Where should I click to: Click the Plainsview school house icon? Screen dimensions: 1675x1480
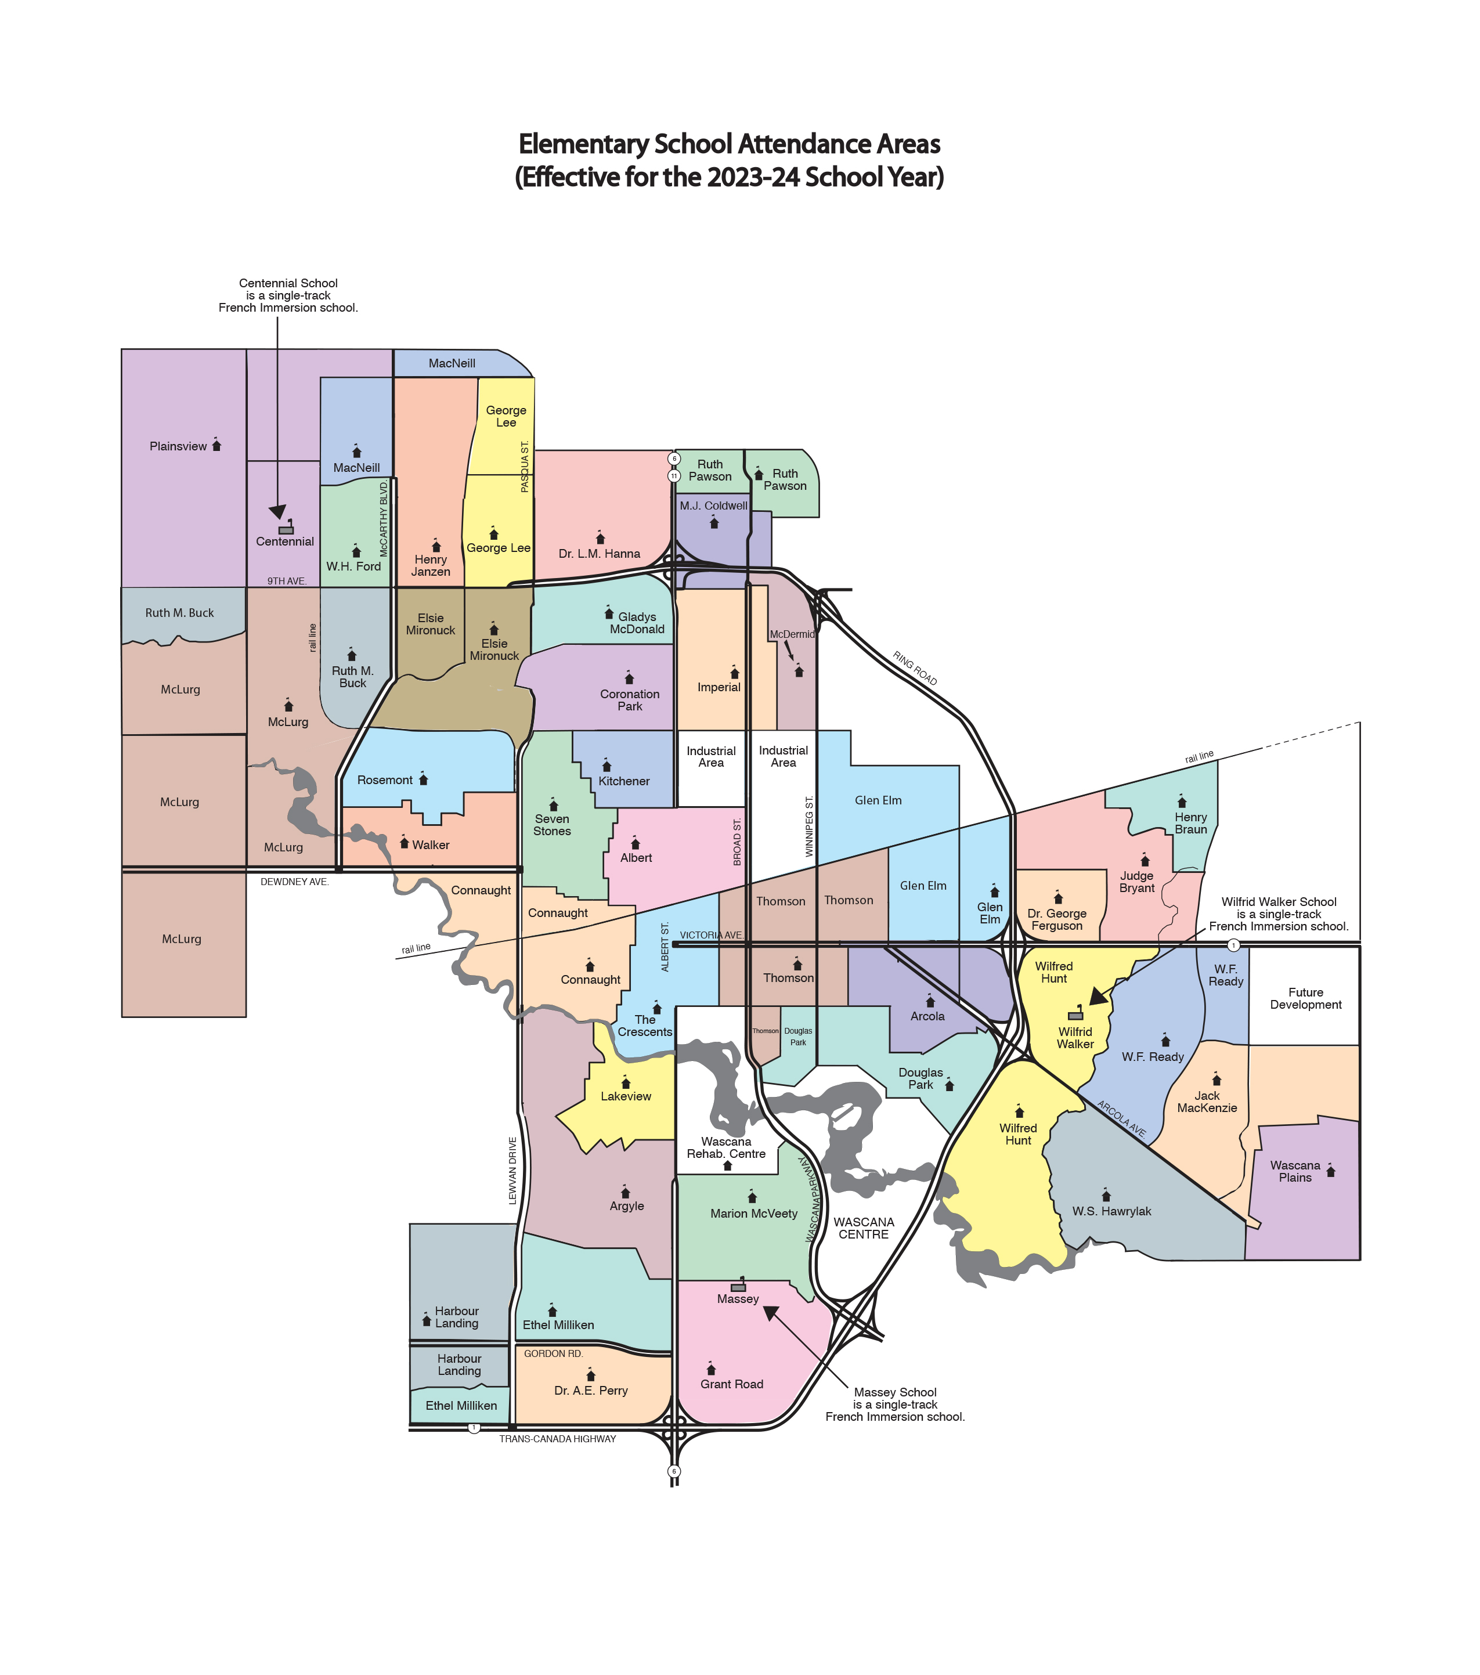[216, 445]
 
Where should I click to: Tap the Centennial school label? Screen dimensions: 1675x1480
[284, 542]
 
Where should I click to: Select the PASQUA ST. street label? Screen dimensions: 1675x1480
[525, 467]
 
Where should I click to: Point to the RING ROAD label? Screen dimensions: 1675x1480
[915, 669]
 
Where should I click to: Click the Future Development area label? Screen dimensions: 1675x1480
[1305, 998]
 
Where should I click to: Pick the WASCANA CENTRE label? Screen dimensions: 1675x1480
[864, 1228]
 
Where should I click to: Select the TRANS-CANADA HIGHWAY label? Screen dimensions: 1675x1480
[557, 1439]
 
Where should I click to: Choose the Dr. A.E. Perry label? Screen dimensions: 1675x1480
[591, 1391]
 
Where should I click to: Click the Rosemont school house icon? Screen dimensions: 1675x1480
[424, 778]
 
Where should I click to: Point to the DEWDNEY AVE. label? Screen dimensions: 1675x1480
[294, 882]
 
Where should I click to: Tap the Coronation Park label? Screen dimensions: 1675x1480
[629, 700]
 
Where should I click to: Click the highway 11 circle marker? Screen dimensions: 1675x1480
[674, 475]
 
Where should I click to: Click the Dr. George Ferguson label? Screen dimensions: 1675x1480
[1056, 919]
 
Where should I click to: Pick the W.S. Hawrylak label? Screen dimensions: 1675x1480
[1111, 1211]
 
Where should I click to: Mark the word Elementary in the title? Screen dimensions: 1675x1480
[583, 145]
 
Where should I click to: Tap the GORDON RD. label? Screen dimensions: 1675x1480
[553, 1354]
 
